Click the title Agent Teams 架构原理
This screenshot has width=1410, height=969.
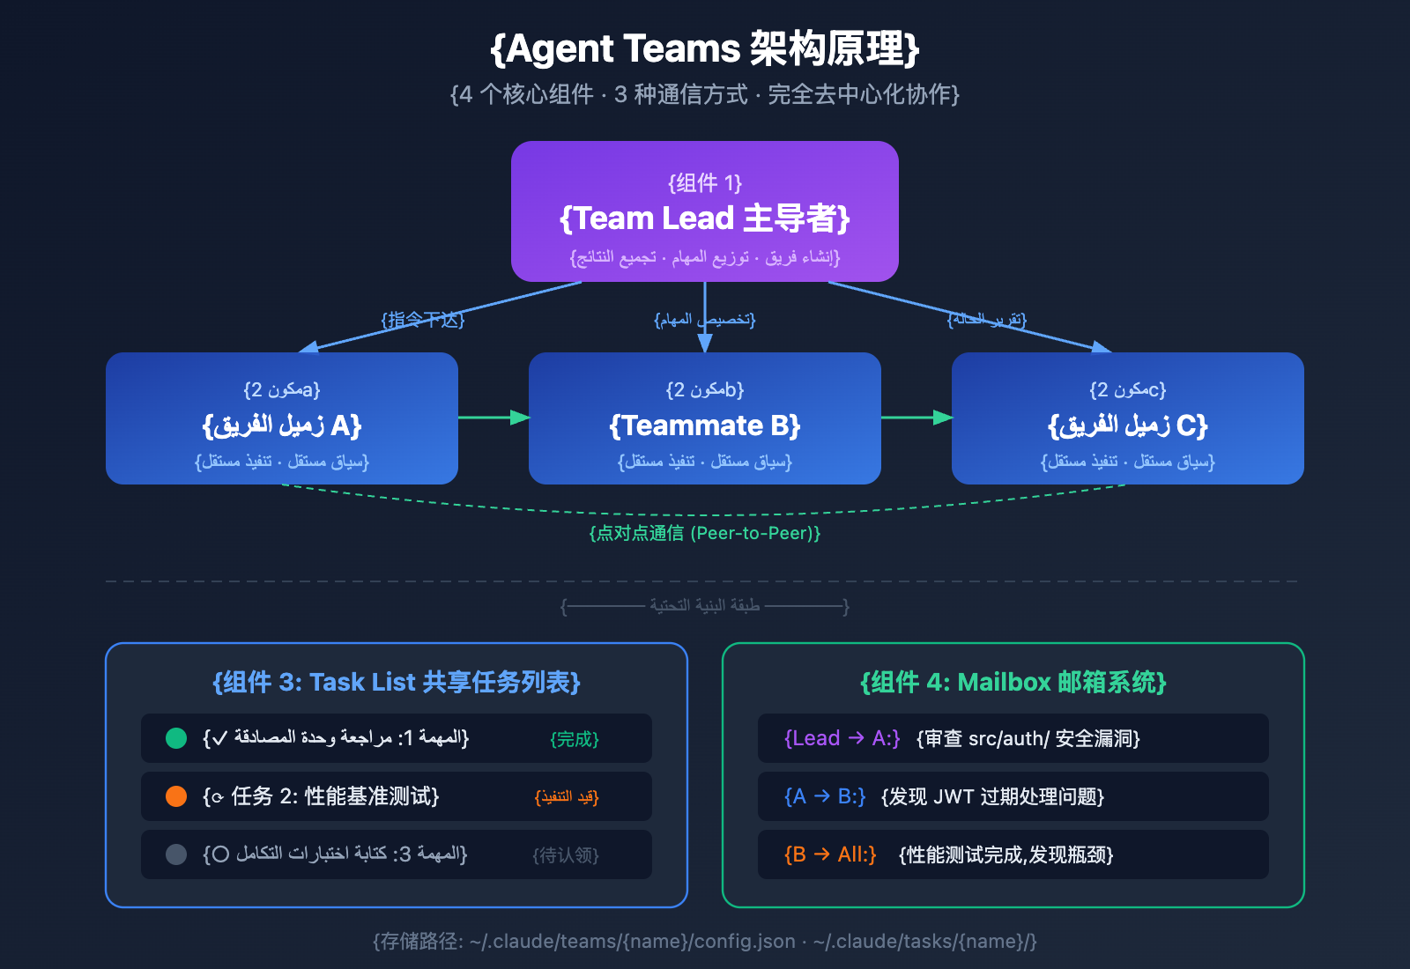pyautogui.click(x=705, y=49)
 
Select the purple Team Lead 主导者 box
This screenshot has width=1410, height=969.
pyautogui.click(x=705, y=211)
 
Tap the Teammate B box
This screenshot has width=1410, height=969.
pyautogui.click(x=705, y=418)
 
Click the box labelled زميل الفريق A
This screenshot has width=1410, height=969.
pyautogui.click(x=282, y=418)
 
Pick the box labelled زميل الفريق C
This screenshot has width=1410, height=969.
pyautogui.click(x=1128, y=418)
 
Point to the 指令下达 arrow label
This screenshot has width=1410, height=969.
pyautogui.click(x=423, y=320)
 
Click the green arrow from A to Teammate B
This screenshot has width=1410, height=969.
pyautogui.click(x=493, y=417)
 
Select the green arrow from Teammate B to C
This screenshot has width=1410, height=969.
pyautogui.click(x=916, y=417)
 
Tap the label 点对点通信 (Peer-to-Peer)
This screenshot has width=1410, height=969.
pyautogui.click(x=705, y=533)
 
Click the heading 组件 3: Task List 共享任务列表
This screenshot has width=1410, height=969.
pyautogui.click(x=397, y=683)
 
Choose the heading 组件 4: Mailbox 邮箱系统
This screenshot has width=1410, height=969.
pyautogui.click(x=1013, y=683)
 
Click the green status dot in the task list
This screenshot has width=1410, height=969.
pyautogui.click(x=176, y=738)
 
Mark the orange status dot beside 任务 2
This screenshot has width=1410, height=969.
pyautogui.click(x=176, y=796)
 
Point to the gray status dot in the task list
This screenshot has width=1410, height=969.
pyautogui.click(x=176, y=854)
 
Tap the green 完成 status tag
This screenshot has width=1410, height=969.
pyautogui.click(x=575, y=739)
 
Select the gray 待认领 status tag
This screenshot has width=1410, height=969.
pyautogui.click(x=566, y=855)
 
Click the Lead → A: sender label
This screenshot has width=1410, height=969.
pyautogui.click(x=842, y=738)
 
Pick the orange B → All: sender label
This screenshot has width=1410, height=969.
pyautogui.click(x=830, y=854)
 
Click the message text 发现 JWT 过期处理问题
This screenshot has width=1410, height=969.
pyautogui.click(x=992, y=796)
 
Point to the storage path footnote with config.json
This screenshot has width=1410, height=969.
pyautogui.click(x=705, y=941)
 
